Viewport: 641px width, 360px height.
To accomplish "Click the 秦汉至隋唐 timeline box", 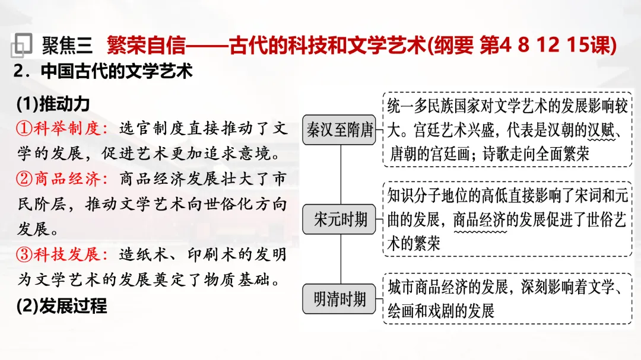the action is pos(340,130).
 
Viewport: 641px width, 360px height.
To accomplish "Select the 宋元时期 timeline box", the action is pos(340,220).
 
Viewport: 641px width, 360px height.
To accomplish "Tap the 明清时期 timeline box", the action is pos(340,300).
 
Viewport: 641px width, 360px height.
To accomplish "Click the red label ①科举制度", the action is pos(62,128).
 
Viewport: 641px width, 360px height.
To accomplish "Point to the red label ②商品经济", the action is pos(62,179).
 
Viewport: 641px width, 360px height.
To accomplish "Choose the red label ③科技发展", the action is pos(62,254).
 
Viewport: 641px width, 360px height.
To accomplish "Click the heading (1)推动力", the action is pos(53,104).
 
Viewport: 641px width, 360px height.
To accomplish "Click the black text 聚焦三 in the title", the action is pos(67,44).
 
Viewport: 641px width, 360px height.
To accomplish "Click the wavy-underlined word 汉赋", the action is pos(601,130).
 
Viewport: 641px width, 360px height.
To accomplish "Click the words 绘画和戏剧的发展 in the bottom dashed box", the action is pos(440,311).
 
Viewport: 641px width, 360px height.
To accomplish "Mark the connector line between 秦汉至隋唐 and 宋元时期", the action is pos(340,176).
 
